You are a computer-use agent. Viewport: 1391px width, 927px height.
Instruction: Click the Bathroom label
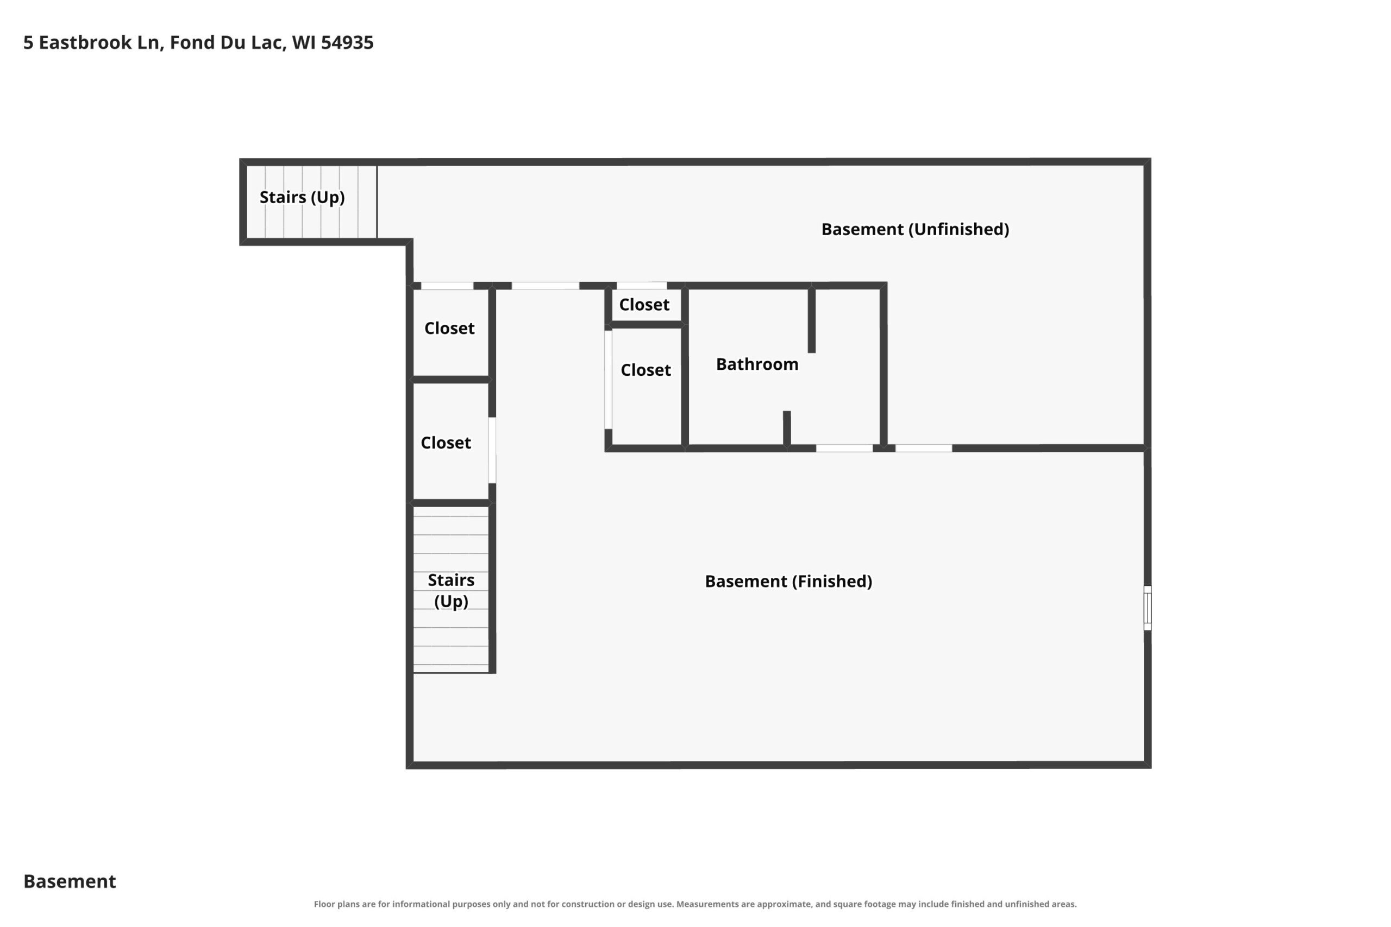coord(757,364)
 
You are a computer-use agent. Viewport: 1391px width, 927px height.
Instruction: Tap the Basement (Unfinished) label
coord(915,229)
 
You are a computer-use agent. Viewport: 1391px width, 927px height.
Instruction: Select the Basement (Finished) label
coord(788,581)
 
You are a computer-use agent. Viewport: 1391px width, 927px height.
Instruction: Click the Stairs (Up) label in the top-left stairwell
coord(302,198)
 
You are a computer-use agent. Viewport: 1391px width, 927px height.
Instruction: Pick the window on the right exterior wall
coord(1148,608)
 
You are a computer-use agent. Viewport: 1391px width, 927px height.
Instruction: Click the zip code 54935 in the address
coord(347,42)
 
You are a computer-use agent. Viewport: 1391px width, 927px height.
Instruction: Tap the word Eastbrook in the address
coord(85,42)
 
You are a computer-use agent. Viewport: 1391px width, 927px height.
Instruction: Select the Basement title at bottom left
coord(70,881)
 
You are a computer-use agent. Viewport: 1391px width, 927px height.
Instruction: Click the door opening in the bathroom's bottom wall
coord(844,448)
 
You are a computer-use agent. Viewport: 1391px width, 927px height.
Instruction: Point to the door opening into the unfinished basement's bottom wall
coord(924,448)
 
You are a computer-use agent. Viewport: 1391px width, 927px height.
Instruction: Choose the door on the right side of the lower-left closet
coord(492,451)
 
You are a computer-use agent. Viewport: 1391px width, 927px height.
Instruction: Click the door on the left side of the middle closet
coord(608,380)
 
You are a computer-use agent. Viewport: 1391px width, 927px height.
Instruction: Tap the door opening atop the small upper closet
coord(642,286)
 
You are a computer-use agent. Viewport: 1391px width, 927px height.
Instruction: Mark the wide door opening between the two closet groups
coord(546,286)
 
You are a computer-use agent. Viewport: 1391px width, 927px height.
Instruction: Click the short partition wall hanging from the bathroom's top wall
coord(811,320)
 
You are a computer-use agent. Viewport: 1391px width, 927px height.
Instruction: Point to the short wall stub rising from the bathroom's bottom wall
coord(787,428)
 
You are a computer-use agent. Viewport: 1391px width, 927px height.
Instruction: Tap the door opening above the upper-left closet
coord(447,286)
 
